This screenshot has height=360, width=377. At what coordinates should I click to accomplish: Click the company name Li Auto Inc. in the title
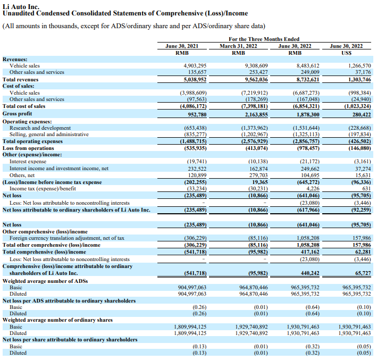(x=21, y=6)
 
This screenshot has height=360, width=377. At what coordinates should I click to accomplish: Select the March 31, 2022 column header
(x=238, y=46)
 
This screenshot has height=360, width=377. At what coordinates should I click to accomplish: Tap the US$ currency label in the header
(x=346, y=53)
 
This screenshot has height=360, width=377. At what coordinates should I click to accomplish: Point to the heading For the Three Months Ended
(x=264, y=39)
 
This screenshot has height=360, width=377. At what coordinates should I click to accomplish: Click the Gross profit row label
(x=17, y=114)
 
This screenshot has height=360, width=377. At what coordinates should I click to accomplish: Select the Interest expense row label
(x=28, y=161)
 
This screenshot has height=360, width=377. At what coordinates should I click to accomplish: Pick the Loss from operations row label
(x=28, y=148)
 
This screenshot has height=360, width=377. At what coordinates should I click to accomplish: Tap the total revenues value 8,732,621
(x=308, y=79)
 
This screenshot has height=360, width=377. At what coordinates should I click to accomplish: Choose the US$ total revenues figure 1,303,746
(x=359, y=79)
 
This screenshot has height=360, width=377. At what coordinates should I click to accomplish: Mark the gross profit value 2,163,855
(x=256, y=115)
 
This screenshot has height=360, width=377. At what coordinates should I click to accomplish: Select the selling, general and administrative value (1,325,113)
(x=306, y=134)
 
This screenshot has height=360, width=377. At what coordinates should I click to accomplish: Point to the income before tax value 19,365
(x=260, y=182)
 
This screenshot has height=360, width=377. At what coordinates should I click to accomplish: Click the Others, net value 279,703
(x=258, y=175)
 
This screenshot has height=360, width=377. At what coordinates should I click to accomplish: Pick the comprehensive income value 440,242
(x=310, y=273)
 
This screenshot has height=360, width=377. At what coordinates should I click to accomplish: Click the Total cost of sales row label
(x=24, y=106)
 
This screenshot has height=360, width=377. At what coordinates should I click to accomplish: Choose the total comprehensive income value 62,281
(x=363, y=252)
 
